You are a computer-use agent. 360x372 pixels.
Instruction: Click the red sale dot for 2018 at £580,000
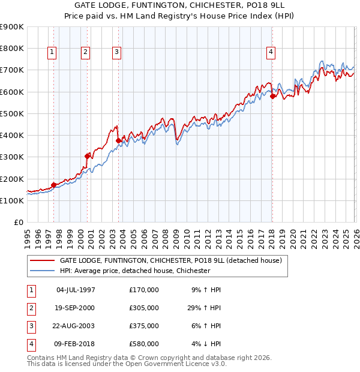tap(272, 96)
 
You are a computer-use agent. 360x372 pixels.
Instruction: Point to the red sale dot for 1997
tap(53, 185)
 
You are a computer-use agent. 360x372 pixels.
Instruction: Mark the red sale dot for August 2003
tap(118, 140)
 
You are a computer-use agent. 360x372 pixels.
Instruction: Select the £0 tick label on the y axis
tap(18, 222)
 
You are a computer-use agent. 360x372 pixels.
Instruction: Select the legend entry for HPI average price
tap(134, 271)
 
